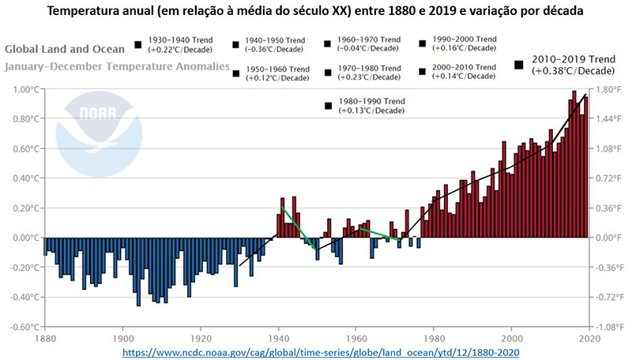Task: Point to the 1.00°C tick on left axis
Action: [x=22, y=90]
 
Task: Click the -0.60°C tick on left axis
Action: [x=21, y=327]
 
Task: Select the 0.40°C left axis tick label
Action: [x=22, y=178]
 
